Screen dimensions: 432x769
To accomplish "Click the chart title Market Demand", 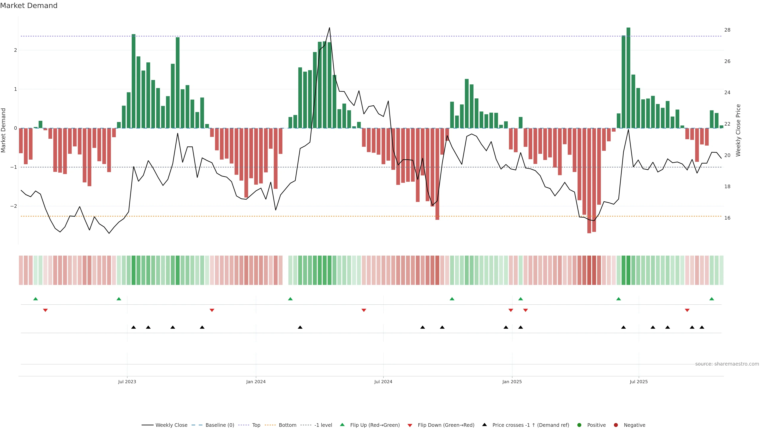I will coord(29,6).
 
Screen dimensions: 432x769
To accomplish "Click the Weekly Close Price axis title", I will coord(738,130).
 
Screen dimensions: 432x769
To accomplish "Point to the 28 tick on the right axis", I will coord(727,30).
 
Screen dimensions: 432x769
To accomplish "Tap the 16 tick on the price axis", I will coord(727,218).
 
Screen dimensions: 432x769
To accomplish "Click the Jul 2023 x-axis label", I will coord(127,382).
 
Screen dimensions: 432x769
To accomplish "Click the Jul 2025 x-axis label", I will coord(639,382).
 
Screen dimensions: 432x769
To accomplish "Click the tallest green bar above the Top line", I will coord(628,78).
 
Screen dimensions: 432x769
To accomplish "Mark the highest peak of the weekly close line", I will coord(329,28).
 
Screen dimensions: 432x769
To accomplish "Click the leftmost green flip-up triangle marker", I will coord(35,299).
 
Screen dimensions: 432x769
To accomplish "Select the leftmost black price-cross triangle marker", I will coord(133,327).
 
